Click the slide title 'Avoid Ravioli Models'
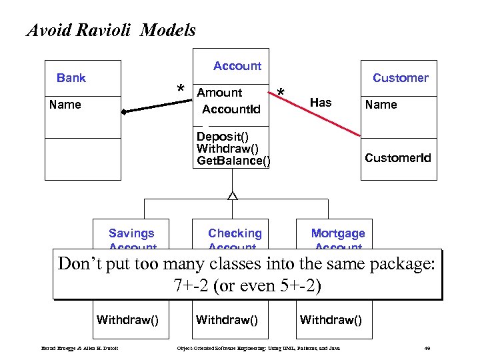111,30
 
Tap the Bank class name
71,78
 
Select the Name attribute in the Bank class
65,105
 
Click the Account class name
237,66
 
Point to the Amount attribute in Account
220,93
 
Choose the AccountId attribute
231,109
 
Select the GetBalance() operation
233,161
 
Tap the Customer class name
400,78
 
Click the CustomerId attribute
397,158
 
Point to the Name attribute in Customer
381,105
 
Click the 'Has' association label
321,103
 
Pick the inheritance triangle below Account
232,195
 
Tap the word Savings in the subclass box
131,233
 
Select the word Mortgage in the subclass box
338,233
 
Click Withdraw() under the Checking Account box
227,320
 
